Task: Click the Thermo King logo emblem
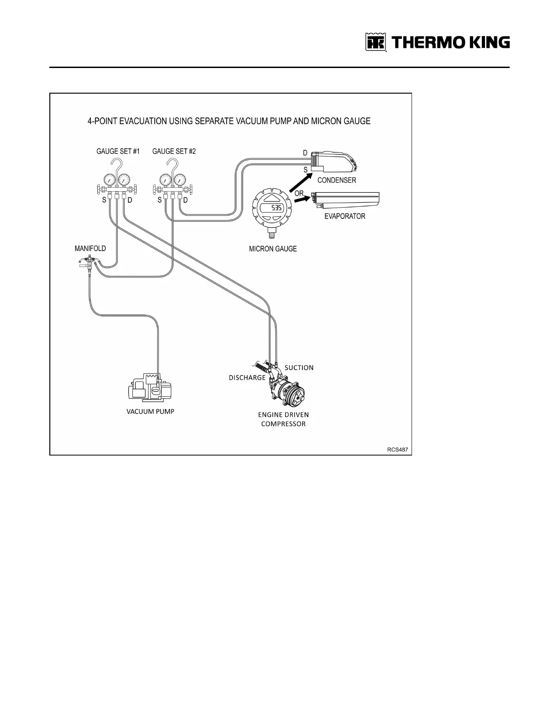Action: click(x=376, y=42)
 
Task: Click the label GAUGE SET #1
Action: click(x=118, y=151)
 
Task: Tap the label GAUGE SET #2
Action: click(x=174, y=151)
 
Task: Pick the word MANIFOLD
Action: click(x=90, y=248)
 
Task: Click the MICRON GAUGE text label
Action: click(x=273, y=249)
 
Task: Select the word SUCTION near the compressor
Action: click(x=299, y=367)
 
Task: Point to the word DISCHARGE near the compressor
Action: click(x=247, y=377)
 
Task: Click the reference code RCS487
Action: click(x=397, y=450)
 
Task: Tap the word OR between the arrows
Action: click(x=299, y=193)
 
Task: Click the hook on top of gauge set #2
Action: click(x=172, y=164)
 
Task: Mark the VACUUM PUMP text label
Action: click(x=150, y=411)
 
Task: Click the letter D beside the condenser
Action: click(x=305, y=153)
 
